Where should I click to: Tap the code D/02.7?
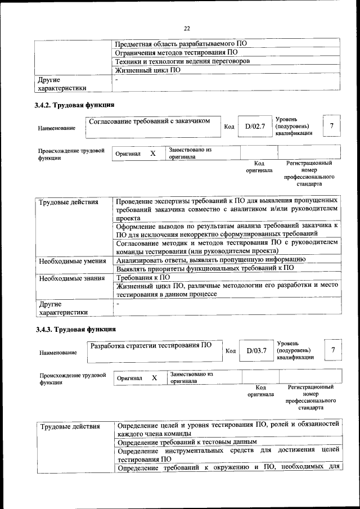[255, 127]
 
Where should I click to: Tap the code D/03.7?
[256, 351]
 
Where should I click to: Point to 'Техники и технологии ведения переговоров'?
[182, 61]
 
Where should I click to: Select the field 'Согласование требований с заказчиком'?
[150, 120]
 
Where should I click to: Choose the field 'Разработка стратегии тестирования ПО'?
[151, 345]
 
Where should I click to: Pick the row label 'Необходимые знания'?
[71, 278]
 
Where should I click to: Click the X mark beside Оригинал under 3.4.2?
[152, 153]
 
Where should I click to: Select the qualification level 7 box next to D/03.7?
[334, 350]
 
